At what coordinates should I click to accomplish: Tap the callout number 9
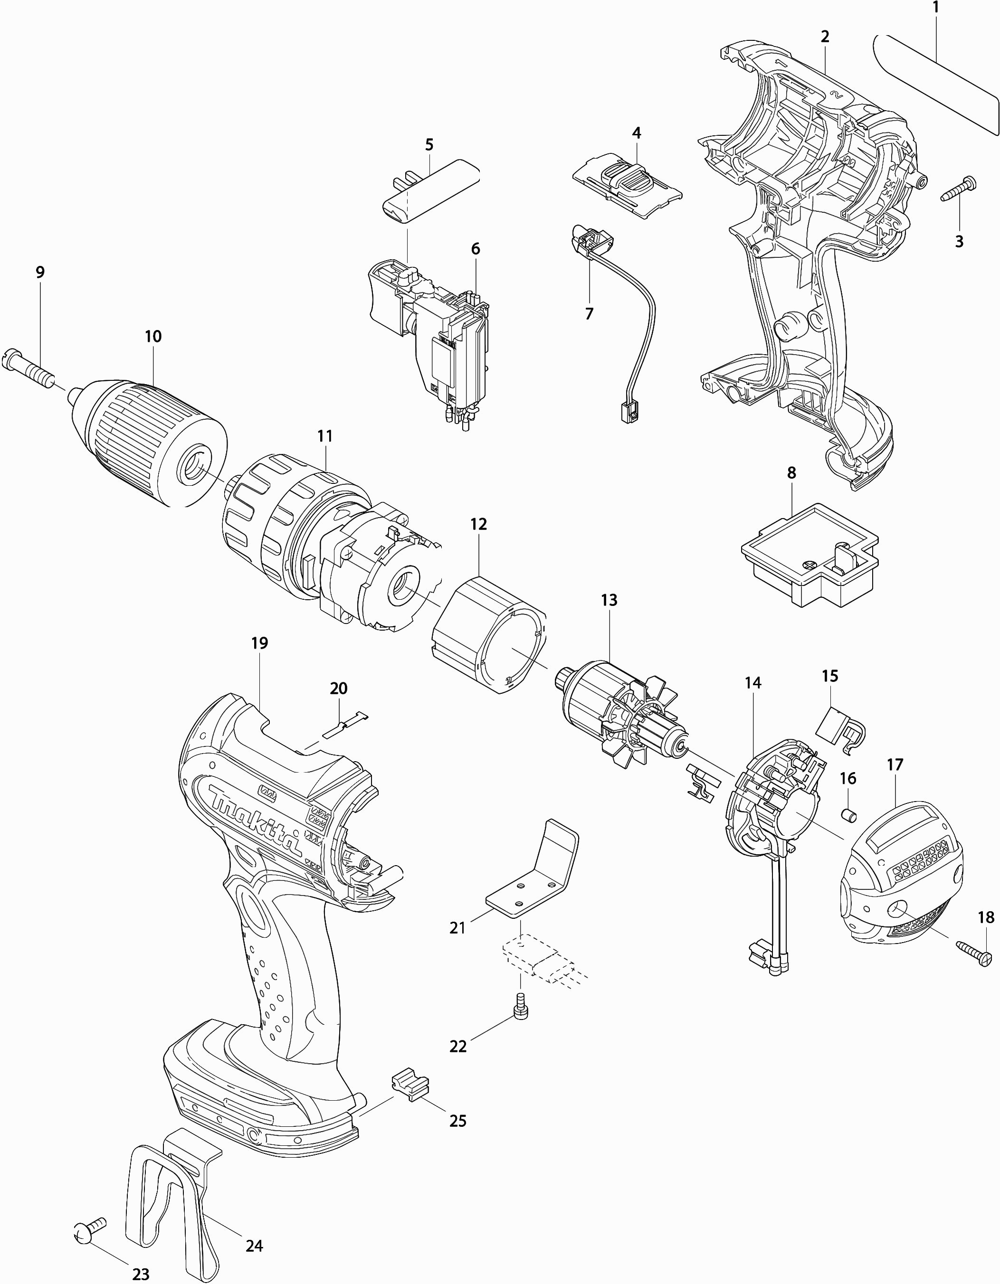(x=40, y=272)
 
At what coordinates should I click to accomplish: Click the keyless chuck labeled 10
(x=153, y=441)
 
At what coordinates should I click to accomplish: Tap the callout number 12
(x=479, y=524)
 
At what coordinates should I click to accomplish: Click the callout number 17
(x=895, y=765)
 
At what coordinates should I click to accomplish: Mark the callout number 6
(x=475, y=249)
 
